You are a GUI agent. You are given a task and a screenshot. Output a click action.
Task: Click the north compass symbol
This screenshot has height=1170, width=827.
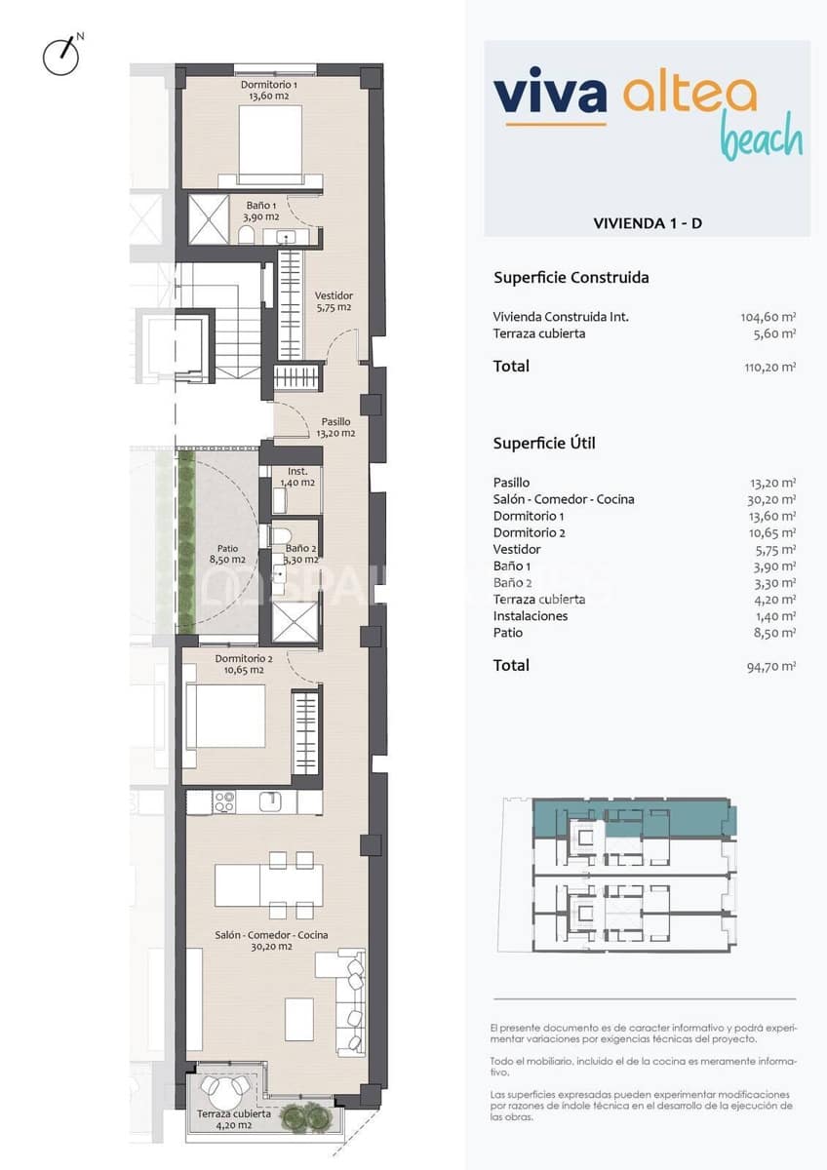(x=60, y=56)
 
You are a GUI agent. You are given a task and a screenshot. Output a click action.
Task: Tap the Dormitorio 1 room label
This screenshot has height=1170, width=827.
(x=269, y=91)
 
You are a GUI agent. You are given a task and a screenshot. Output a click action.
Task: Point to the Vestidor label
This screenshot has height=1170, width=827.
(x=334, y=301)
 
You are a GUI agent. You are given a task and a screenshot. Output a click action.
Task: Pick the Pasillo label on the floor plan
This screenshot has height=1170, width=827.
(x=334, y=428)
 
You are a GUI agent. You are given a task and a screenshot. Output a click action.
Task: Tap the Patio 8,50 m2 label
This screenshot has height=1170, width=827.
(x=226, y=554)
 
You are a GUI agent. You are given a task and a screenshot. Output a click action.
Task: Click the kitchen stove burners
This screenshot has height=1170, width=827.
(x=224, y=802)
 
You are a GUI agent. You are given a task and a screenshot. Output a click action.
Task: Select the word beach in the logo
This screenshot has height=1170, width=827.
(x=761, y=139)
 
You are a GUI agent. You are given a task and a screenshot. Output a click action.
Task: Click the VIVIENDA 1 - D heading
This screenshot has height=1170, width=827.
(x=648, y=223)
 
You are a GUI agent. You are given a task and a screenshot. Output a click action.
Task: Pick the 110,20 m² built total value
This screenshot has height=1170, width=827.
(x=768, y=368)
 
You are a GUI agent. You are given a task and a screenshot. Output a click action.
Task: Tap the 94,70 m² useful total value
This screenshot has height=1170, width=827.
(x=770, y=667)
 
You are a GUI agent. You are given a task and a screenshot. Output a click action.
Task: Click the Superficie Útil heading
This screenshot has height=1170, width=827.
(x=544, y=444)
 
